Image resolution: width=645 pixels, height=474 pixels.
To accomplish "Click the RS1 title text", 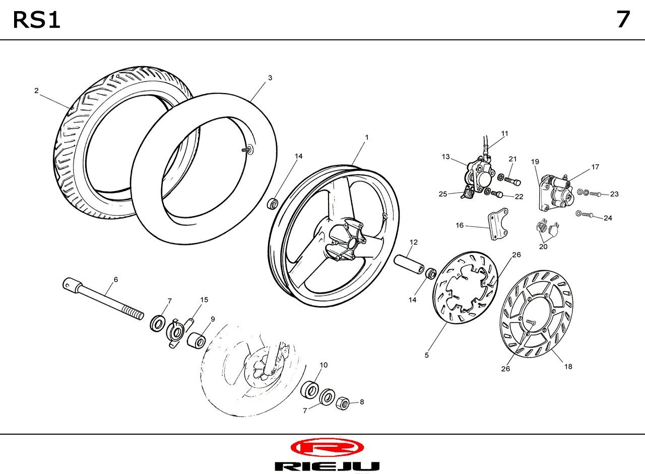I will click(36, 20).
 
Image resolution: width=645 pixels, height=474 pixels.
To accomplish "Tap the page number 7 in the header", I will click(623, 20).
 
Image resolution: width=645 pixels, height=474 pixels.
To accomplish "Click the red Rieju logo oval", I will click(327, 447).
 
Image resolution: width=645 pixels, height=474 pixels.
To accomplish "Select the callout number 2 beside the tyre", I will click(36, 91).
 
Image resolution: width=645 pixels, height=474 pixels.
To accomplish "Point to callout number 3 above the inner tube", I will click(270, 78).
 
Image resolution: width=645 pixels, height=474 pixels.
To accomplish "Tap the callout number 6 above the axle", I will click(116, 279).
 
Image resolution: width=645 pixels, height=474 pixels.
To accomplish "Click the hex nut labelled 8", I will click(342, 402).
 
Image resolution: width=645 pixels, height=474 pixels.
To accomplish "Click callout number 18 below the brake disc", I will click(568, 367).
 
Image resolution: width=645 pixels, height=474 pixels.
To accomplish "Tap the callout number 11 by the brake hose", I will click(505, 134).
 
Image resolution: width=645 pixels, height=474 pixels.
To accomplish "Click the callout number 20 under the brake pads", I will click(543, 247).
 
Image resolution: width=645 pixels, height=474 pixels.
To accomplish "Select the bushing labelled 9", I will click(197, 339).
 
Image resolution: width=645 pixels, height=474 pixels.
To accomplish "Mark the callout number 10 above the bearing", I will click(324, 365).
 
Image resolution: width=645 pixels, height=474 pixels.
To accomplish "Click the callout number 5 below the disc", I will click(427, 355).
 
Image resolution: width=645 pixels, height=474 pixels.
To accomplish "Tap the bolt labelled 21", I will click(511, 180).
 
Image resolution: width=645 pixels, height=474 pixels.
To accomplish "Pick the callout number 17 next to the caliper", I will click(595, 167).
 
